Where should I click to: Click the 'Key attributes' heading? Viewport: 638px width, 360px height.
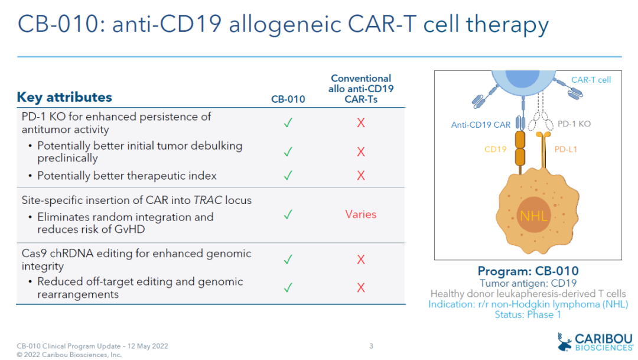(x=64, y=97)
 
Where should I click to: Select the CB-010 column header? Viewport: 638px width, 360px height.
(x=288, y=99)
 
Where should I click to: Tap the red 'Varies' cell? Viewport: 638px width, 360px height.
(x=361, y=215)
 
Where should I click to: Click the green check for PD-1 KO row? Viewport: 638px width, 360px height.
(x=288, y=123)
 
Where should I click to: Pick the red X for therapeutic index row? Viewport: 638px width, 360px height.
(x=361, y=176)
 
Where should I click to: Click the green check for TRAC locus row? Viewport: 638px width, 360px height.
(x=288, y=215)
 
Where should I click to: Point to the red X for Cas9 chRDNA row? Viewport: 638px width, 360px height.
(x=361, y=260)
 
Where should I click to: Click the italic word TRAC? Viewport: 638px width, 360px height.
(x=207, y=200)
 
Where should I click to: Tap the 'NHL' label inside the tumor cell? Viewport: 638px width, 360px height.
(x=533, y=216)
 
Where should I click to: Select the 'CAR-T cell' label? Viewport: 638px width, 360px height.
(x=591, y=79)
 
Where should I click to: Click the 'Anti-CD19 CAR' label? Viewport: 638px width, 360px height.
(x=481, y=124)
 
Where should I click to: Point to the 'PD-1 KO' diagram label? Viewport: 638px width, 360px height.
(x=574, y=124)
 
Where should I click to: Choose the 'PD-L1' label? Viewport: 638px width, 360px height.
(x=566, y=150)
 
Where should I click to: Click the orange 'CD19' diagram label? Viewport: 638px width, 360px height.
(x=496, y=150)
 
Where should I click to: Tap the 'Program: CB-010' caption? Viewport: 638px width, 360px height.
(x=528, y=271)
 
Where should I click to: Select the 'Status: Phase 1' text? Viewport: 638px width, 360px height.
(x=528, y=314)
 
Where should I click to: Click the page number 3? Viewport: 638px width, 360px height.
(x=371, y=346)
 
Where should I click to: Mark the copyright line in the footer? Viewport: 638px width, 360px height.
(x=69, y=355)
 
